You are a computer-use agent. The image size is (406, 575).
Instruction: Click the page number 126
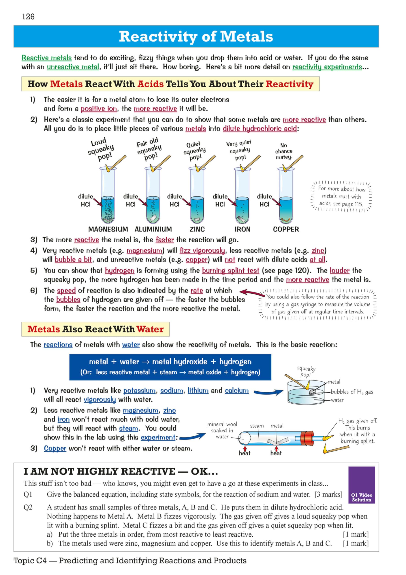click(28, 17)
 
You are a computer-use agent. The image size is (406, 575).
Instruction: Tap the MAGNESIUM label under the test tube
click(108, 229)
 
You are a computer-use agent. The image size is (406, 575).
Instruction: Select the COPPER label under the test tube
click(286, 229)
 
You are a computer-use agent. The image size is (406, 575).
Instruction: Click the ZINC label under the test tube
click(197, 229)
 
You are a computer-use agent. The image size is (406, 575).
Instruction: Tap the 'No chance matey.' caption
click(284, 151)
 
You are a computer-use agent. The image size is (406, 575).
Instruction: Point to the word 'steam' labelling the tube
click(257, 426)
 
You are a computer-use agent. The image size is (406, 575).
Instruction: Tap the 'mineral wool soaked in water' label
click(222, 430)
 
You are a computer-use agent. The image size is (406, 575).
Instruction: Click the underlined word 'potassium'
click(139, 390)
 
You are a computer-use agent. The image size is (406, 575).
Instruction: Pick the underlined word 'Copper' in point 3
click(55, 448)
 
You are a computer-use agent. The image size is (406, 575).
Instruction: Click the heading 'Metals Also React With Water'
click(95, 329)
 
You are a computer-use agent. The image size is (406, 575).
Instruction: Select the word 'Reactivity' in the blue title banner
click(158, 36)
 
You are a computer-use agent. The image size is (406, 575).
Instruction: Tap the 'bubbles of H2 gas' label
click(352, 392)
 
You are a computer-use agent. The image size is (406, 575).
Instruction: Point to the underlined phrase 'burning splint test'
click(230, 270)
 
